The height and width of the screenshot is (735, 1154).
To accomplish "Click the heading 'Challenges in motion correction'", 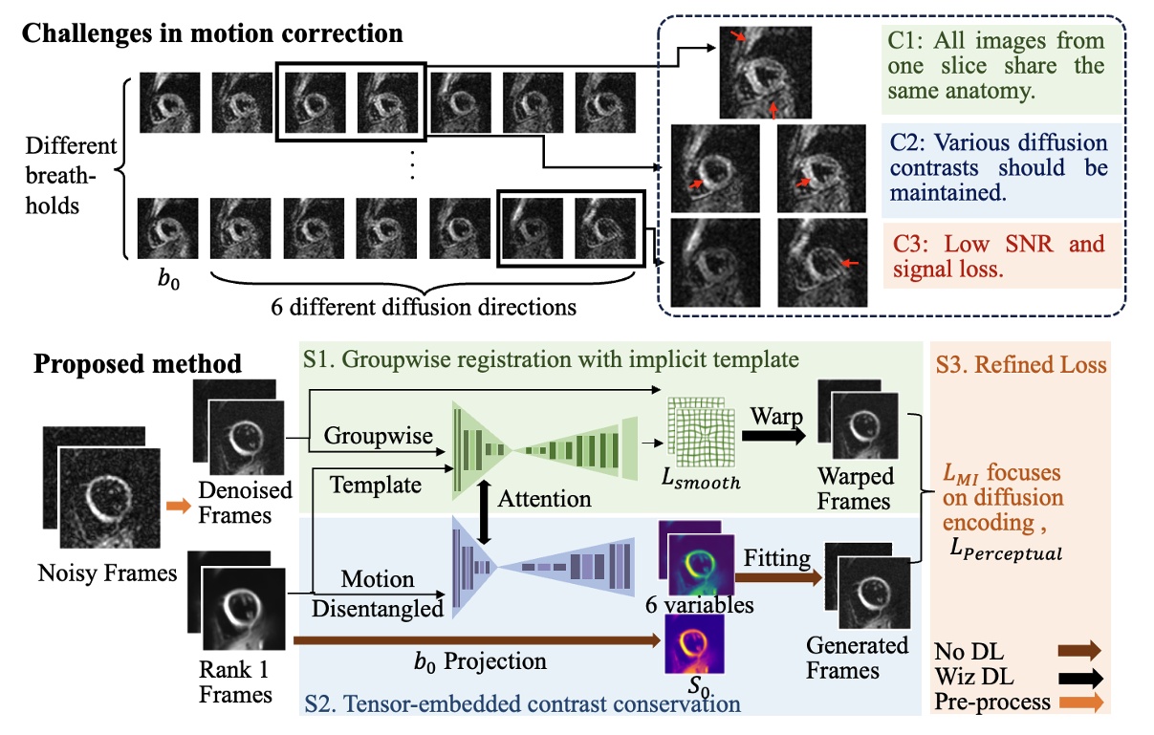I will point(211,33).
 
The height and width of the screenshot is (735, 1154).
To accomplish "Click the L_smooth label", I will point(702,481).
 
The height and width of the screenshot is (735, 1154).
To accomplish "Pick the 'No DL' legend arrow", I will point(1079,651).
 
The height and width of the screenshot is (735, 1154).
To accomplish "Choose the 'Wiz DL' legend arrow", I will point(1079,678).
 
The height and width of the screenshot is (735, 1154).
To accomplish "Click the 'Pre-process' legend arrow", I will point(1079,703).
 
